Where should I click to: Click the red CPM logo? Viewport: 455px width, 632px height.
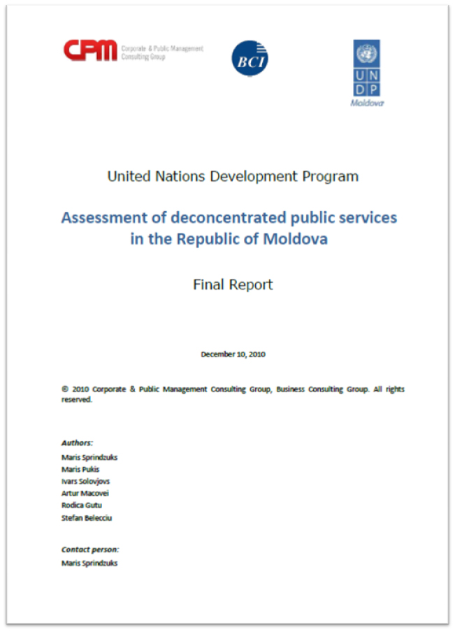[x=90, y=50]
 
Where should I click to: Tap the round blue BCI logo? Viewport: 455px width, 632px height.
[x=250, y=57]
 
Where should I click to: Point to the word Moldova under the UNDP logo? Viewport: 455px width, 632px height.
[x=367, y=103]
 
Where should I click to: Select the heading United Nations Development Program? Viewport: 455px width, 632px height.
[x=233, y=176]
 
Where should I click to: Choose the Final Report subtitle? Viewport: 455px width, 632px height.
[x=233, y=285]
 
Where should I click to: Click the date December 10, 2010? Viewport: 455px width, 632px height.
[x=233, y=354]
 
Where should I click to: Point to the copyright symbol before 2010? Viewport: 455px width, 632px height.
[x=64, y=389]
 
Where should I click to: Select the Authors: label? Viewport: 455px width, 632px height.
[x=77, y=443]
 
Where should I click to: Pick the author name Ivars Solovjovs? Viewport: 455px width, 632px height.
[x=85, y=481]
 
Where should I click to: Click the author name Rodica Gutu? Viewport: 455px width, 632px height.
[x=82, y=505]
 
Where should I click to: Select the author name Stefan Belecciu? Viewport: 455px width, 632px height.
[x=87, y=517]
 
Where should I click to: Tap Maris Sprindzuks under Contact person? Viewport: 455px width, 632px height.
[x=89, y=563]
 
